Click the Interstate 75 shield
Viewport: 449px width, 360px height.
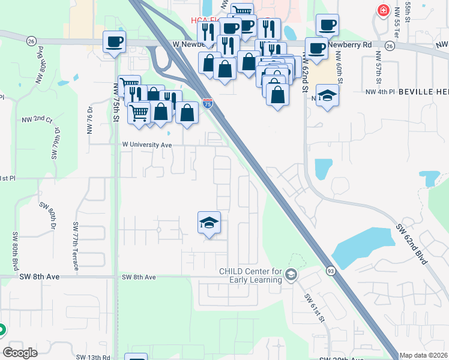(208, 103)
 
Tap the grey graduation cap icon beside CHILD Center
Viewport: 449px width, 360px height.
(291, 275)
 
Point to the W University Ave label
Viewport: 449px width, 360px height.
(147, 145)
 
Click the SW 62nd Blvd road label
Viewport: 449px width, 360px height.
(412, 245)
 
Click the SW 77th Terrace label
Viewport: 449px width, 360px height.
(76, 245)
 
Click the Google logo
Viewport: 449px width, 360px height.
(20, 353)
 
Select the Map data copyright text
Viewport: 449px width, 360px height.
(423, 355)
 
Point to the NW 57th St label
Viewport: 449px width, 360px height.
(378, 67)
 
